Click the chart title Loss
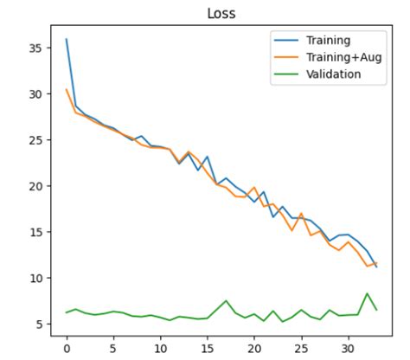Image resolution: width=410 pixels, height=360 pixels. [x=221, y=13]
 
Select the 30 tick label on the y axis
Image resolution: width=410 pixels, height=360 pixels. [x=37, y=93]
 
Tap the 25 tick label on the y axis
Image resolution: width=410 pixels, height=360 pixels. [x=37, y=139]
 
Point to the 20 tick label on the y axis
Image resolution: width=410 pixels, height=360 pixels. [x=37, y=186]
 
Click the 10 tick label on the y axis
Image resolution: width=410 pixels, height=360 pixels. [x=37, y=278]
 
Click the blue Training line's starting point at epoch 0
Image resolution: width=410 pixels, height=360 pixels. [x=66, y=39]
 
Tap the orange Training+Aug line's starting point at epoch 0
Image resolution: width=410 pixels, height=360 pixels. [x=66, y=89]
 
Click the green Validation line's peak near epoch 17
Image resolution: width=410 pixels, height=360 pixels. [x=226, y=300]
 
